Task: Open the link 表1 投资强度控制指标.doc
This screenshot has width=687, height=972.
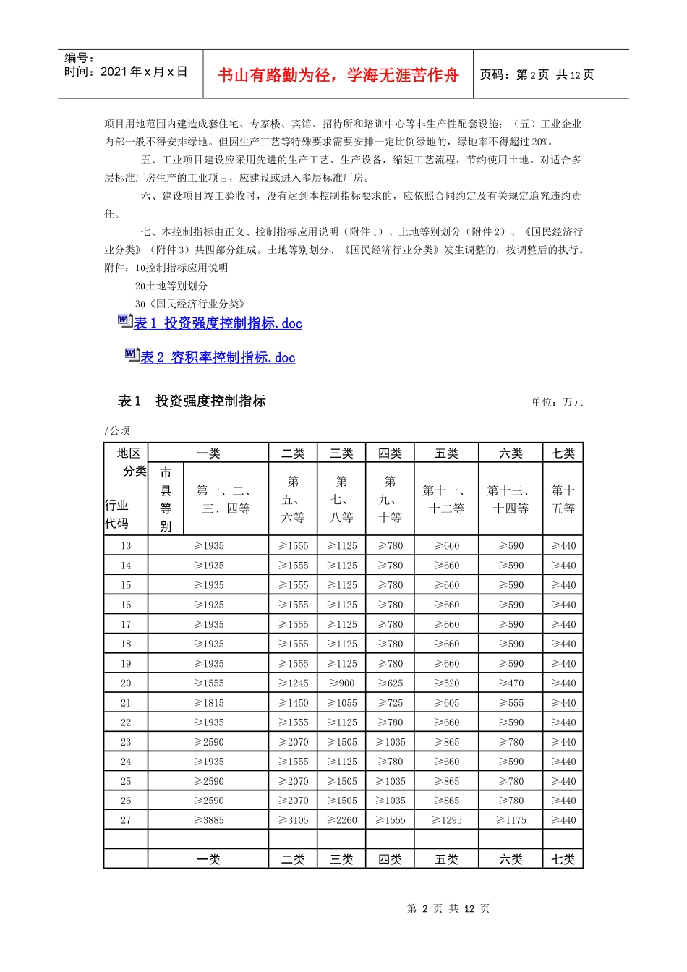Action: point(218,323)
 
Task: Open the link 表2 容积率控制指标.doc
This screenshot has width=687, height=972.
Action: point(218,357)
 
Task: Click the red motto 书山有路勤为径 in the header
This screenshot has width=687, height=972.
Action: point(338,75)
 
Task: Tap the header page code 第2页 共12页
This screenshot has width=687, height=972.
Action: point(537,74)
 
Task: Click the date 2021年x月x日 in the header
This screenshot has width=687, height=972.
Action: point(144,72)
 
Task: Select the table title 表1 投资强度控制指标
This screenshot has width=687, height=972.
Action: point(192,401)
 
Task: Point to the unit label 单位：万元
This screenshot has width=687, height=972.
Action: point(557,402)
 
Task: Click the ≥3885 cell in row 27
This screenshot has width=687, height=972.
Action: point(208,820)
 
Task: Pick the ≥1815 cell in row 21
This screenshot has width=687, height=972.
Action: point(208,703)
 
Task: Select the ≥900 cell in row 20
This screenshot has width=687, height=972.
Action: point(342,683)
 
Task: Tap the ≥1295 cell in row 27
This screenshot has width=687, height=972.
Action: point(446,820)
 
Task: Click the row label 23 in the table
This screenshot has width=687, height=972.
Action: point(126,742)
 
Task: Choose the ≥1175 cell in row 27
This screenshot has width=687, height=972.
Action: point(511,820)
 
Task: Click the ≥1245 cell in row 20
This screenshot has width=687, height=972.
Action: point(293,683)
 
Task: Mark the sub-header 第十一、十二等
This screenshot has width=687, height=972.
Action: point(446,500)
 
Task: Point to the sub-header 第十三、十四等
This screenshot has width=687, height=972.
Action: point(511,500)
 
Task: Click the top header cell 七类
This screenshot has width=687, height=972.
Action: point(563,453)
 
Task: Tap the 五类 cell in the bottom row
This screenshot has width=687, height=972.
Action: point(446,859)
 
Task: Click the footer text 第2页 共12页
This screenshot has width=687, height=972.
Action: point(448,908)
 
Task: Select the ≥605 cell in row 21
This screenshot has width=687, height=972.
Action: point(446,703)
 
